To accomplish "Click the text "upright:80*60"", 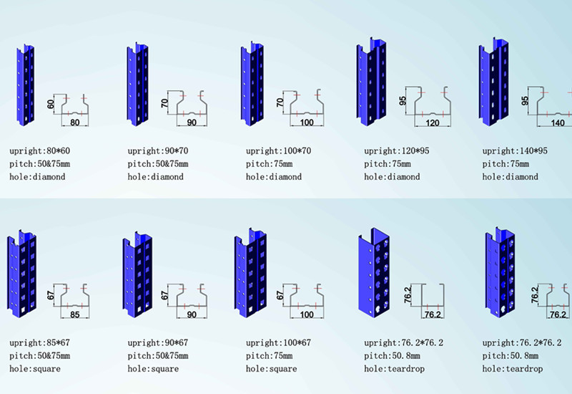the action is [40, 151].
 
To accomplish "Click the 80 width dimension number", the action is [74, 122].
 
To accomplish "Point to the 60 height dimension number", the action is [51, 104].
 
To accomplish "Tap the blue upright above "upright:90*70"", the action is [137, 84].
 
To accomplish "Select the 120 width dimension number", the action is [433, 122].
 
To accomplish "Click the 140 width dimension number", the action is [558, 122].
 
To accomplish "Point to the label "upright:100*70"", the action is [278, 151].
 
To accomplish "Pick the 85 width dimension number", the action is [74, 314].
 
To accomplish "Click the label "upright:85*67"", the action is [40, 343].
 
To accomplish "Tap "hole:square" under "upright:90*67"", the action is [153, 369].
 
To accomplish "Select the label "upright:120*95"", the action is [397, 151].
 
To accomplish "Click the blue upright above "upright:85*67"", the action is [21, 274].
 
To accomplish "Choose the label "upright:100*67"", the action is [278, 343].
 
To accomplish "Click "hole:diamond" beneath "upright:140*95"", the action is [510, 177].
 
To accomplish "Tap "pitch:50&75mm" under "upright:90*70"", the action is [158, 164].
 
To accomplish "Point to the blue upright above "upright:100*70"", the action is [252, 84].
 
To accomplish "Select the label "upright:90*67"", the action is [158, 343].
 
